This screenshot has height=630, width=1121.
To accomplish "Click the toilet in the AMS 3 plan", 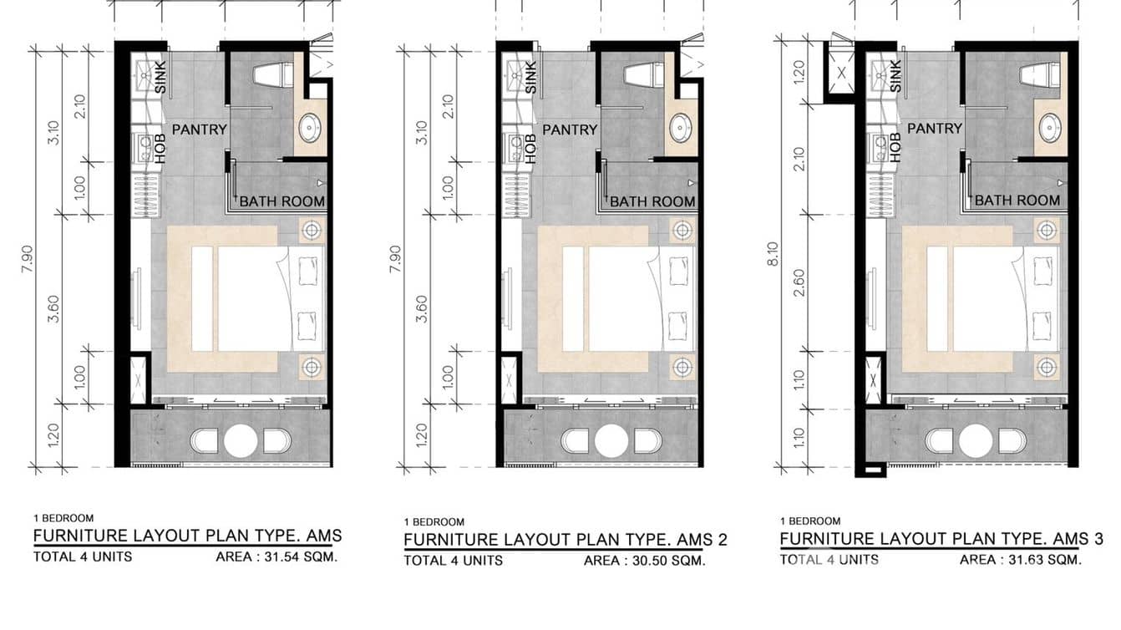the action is point(1040,75).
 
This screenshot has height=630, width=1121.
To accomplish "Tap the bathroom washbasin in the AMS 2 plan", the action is point(681,127).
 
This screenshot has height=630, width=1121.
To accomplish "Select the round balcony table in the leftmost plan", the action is point(241,441).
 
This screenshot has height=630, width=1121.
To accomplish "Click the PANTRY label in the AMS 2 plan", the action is point(570,130).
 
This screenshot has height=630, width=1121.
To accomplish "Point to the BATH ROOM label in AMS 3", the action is point(1017,201).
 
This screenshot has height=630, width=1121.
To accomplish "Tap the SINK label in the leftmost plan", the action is point(160,78).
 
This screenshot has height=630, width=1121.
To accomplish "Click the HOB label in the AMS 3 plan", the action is point(895,147).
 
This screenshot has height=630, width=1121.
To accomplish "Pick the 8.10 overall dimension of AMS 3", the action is point(774,254).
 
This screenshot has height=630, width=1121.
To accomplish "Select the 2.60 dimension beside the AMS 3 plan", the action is point(799,282).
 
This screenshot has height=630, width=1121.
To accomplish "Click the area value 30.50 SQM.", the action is point(668,561).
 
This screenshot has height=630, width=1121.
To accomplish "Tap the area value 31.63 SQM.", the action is point(1045,560).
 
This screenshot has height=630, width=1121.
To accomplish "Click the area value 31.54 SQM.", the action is point(301,557).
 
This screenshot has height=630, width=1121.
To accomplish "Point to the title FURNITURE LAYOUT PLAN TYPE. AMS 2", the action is point(566,540).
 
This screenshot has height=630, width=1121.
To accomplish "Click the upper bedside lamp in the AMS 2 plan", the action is point(682,230).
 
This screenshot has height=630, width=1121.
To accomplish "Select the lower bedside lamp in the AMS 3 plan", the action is point(1047,368).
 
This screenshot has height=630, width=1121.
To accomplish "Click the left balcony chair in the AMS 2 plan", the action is point(575,441).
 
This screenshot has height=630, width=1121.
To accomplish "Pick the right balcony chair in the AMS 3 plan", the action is point(1012,441).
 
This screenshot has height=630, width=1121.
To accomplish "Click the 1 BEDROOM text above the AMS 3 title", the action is point(810,521).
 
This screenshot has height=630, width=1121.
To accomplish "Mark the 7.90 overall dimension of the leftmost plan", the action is point(28,259).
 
